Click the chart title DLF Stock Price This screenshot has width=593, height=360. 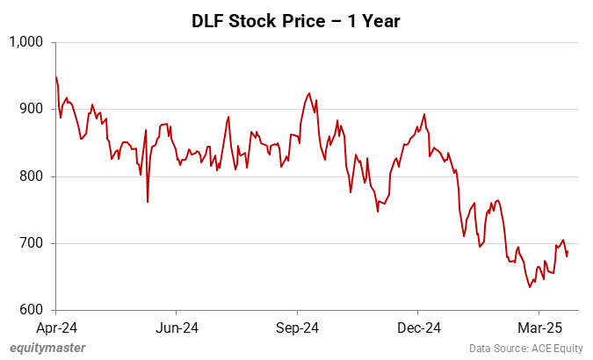click(x=296, y=21)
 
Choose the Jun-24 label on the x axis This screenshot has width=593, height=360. click(x=176, y=328)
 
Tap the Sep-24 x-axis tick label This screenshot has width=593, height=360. click(x=297, y=328)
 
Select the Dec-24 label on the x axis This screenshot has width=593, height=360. click(x=417, y=328)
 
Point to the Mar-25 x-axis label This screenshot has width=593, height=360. click(x=538, y=328)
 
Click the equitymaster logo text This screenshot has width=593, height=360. click(x=47, y=348)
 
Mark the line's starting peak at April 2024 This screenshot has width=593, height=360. click(x=56, y=77)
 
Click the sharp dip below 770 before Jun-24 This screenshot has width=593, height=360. click(x=148, y=202)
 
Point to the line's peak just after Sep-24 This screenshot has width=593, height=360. click(x=308, y=93)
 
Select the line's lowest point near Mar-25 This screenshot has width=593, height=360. click(x=530, y=287)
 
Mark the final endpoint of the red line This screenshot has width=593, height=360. click(x=568, y=252)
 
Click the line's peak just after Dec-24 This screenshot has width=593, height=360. click(x=424, y=114)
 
